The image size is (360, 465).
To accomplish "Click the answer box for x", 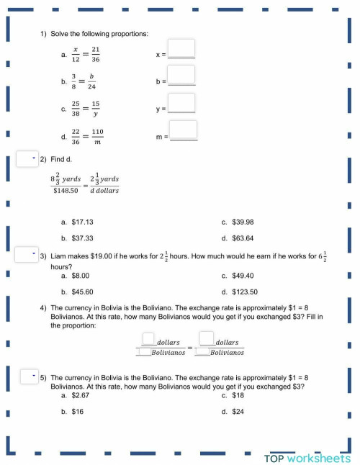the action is click(x=183, y=50).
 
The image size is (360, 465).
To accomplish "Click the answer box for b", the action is click(x=183, y=75).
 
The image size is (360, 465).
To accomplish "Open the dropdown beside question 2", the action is click(x=27, y=159).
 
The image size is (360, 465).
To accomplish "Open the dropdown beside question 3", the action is click(x=27, y=256).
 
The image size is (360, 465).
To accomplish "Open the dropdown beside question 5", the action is click(x=27, y=376).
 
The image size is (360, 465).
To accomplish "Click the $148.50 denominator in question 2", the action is click(x=66, y=190).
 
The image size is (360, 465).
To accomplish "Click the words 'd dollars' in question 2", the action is click(x=104, y=190).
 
